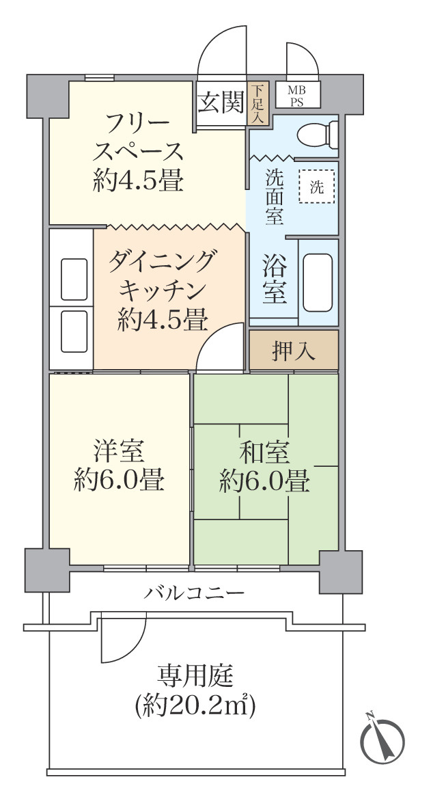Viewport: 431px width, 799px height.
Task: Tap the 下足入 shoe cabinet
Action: tap(258, 104)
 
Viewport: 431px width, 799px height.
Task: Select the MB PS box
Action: tap(296, 96)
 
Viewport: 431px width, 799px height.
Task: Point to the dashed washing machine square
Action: tap(317, 186)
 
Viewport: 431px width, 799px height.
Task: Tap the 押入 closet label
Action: tap(294, 351)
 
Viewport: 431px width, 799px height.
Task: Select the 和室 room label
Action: tap(264, 452)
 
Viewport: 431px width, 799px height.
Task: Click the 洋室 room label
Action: tap(119, 452)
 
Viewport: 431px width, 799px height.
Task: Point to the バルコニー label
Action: tap(193, 592)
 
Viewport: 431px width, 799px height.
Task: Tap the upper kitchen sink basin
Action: tap(74, 279)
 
